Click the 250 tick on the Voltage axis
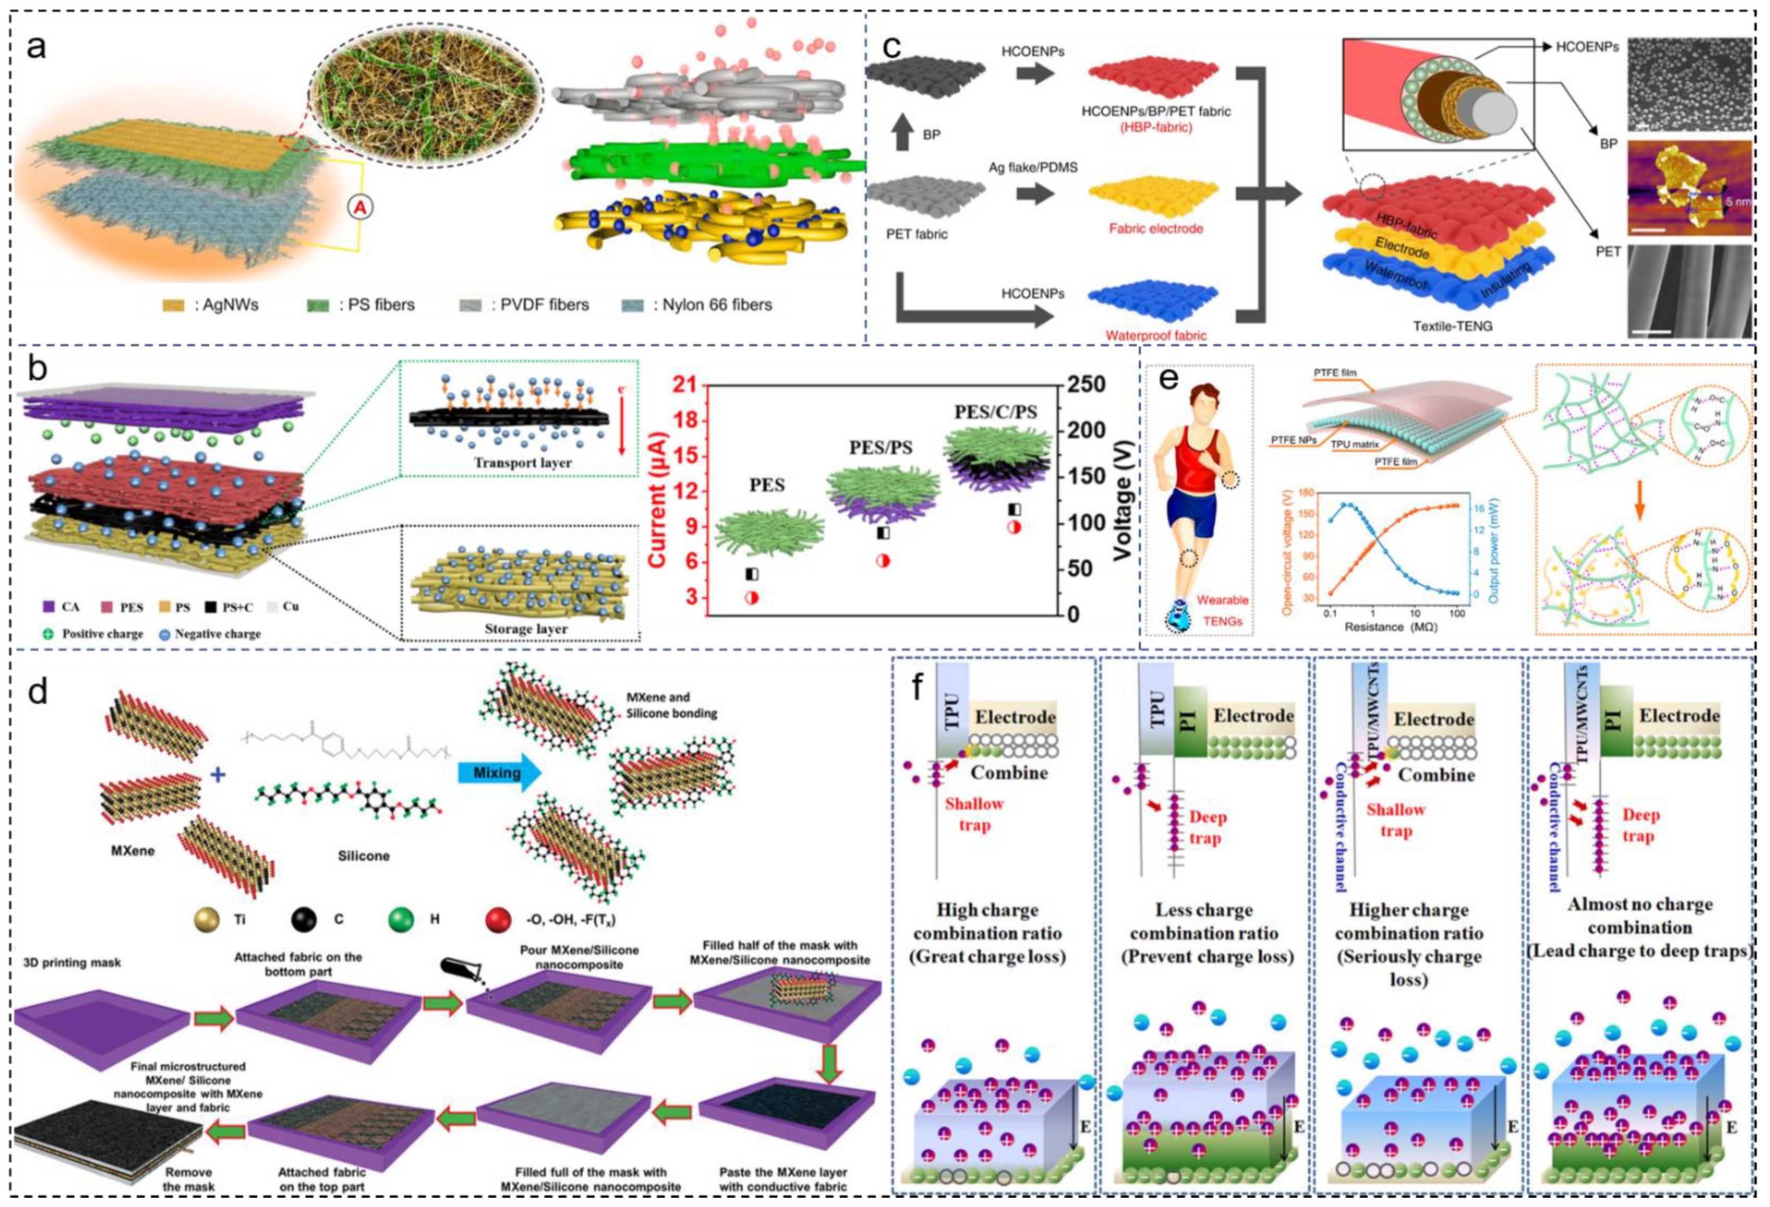coord(1086,384)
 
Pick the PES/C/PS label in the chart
coord(995,412)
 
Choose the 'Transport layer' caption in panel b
coord(522,462)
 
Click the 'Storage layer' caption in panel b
coord(526,628)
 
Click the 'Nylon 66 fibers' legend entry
coord(716,305)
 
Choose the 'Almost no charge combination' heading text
coord(1640,916)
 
